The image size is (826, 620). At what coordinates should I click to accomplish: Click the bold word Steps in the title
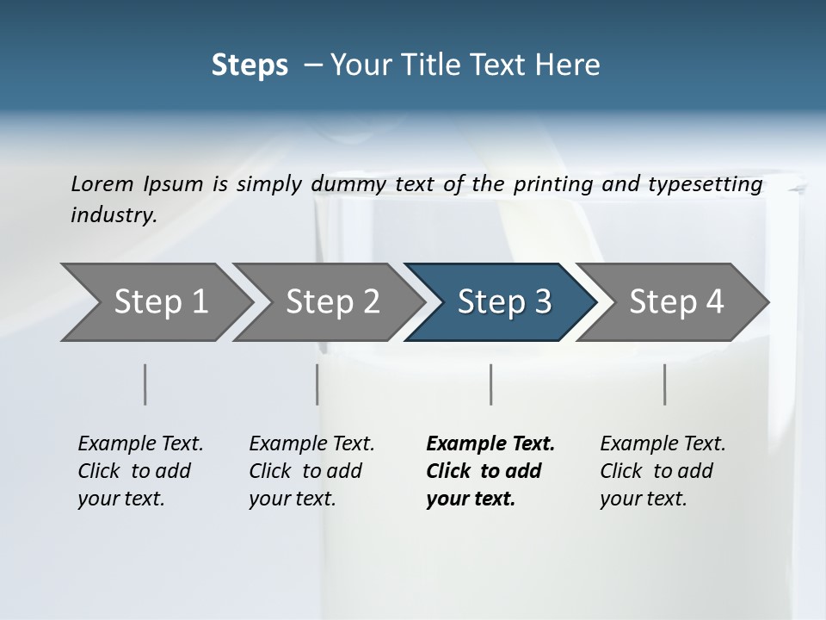click(x=250, y=65)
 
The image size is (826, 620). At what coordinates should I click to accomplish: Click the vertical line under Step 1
click(x=145, y=384)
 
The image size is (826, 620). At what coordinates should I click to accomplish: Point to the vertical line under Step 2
click(x=317, y=384)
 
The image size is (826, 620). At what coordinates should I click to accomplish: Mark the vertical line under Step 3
click(x=490, y=384)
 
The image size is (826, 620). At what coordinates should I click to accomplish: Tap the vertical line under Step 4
click(x=665, y=384)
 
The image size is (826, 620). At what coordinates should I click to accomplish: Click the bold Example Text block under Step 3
click(x=490, y=471)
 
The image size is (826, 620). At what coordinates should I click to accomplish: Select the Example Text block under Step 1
click(x=140, y=471)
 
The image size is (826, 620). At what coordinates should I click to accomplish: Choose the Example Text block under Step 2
click(x=311, y=471)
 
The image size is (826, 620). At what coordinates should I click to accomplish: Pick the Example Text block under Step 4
click(x=663, y=471)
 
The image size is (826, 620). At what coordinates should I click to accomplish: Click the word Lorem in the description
click(x=102, y=183)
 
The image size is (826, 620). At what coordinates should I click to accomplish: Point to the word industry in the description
click(x=114, y=214)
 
